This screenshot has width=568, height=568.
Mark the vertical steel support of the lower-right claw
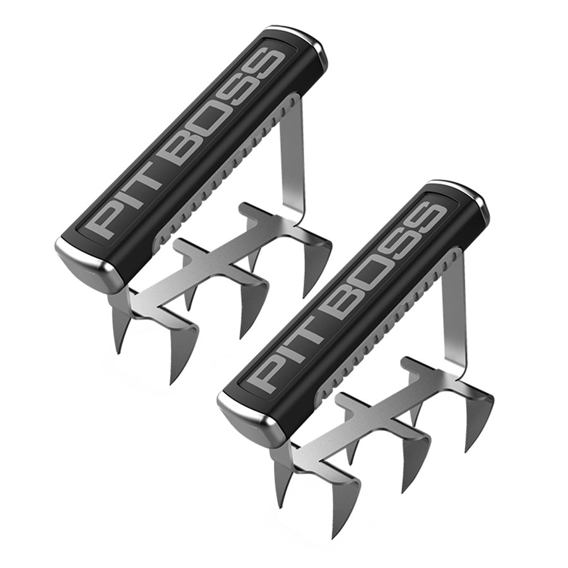point(456,316)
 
